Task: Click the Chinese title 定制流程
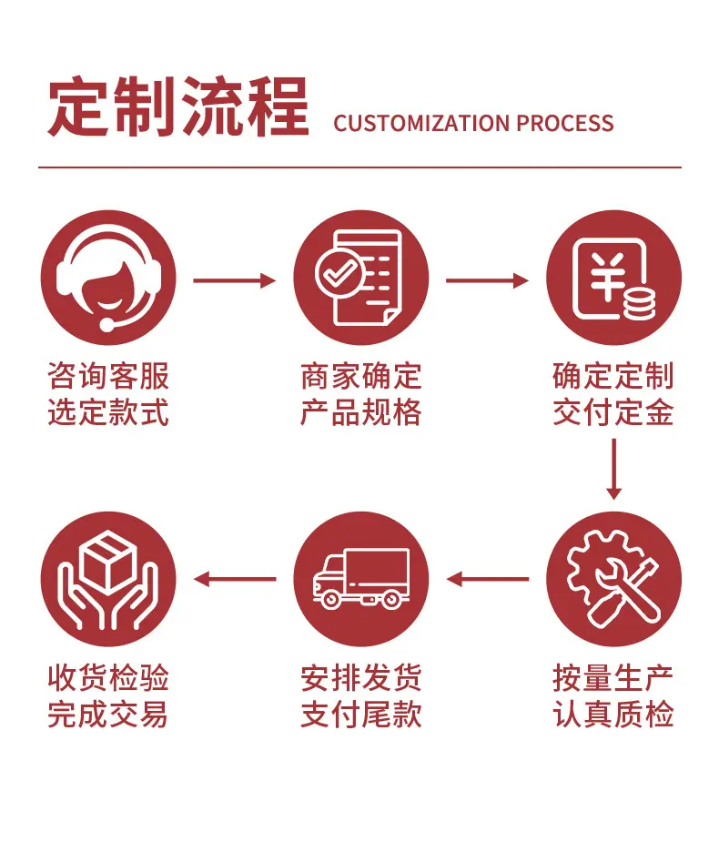[178, 107]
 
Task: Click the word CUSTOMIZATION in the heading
[421, 124]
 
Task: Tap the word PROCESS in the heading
[565, 124]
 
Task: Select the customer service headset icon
[108, 278]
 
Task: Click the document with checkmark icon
[360, 278]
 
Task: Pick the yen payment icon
[613, 278]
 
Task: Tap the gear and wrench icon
[613, 579]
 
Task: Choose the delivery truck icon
[360, 579]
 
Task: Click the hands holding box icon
[108, 579]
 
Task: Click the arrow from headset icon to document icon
[235, 280]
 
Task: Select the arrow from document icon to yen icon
[488, 280]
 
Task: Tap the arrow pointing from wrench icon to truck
[488, 579]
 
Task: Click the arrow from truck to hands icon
[235, 579]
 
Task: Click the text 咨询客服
[108, 376]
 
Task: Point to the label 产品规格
[360, 412]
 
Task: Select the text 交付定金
[613, 412]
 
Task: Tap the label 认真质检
[613, 715]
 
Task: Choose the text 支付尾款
[360, 715]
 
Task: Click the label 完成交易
[108, 715]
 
